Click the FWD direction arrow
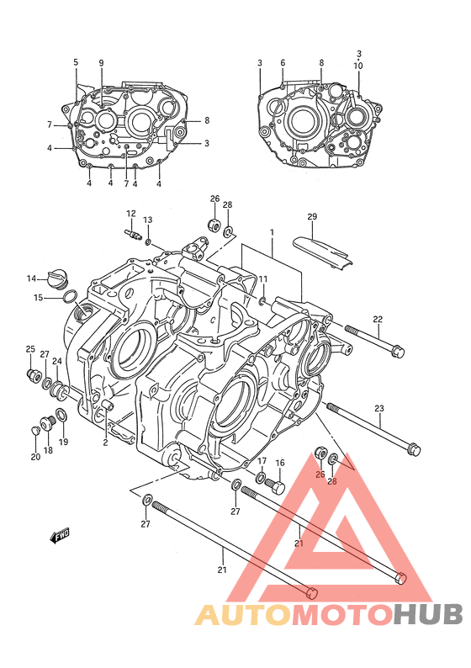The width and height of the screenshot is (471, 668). [x=60, y=536]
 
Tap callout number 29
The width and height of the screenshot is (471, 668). [x=312, y=216]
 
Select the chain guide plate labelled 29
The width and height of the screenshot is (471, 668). [x=322, y=252]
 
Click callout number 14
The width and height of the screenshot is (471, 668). [x=31, y=278]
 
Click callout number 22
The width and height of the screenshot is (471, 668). [x=378, y=319]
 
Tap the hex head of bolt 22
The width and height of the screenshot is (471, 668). [x=397, y=352]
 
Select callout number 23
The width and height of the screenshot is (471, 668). [x=379, y=409]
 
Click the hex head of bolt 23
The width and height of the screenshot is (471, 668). [x=414, y=449]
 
